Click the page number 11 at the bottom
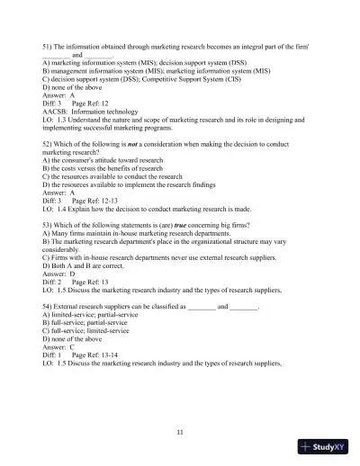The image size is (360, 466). [180, 434]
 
